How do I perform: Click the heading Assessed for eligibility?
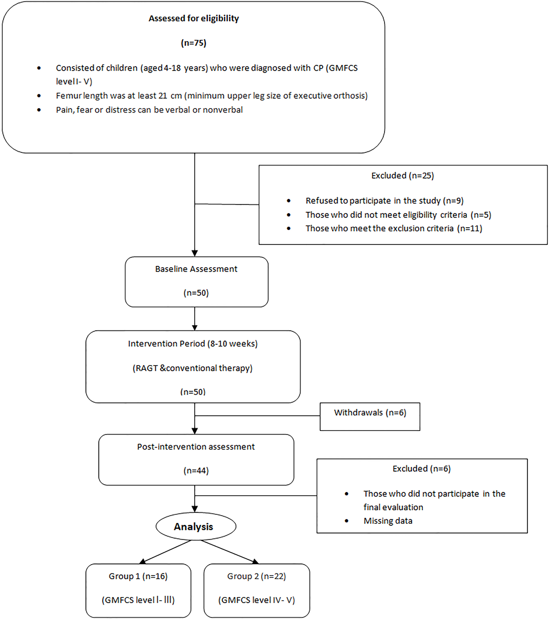(194, 18)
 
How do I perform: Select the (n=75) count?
(194, 43)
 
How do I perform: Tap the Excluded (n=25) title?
(403, 176)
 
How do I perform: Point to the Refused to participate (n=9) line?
(384, 201)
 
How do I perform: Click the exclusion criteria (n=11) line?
(394, 228)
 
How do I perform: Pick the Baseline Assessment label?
(196, 269)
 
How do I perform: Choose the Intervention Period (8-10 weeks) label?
(193, 344)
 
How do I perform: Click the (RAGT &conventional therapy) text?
(192, 368)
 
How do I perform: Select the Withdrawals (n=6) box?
(370, 416)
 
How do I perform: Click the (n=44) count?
(196, 471)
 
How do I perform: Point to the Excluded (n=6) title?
(422, 469)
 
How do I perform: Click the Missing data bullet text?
(388, 521)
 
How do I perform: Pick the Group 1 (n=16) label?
(138, 576)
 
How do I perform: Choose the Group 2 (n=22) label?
(257, 576)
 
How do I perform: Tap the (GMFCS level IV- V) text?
(257, 600)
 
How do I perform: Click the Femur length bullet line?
(212, 96)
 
